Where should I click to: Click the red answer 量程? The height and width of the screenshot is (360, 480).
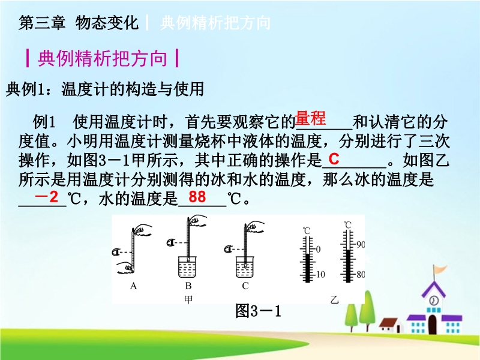click(x=310, y=118)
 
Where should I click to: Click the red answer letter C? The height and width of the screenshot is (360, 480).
click(x=334, y=159)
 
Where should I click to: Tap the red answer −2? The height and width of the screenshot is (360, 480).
click(x=47, y=197)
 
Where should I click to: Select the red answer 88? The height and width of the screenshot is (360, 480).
click(x=197, y=197)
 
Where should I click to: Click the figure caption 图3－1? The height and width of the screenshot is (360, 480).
click(x=258, y=311)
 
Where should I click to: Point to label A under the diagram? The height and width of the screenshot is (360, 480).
click(x=133, y=286)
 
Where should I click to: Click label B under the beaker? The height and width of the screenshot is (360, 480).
click(x=188, y=286)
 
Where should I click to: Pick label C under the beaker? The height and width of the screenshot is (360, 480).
click(x=245, y=286)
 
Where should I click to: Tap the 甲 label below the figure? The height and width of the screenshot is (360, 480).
click(x=188, y=299)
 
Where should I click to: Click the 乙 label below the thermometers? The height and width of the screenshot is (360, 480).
click(x=335, y=299)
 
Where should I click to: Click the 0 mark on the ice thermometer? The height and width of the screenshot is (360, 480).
click(x=318, y=250)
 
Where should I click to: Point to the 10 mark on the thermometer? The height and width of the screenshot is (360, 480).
click(x=320, y=275)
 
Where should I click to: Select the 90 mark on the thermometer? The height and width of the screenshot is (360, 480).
click(x=361, y=245)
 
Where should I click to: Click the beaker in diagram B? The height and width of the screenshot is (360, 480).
click(x=187, y=266)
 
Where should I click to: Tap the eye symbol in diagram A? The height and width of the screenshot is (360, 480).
click(x=116, y=252)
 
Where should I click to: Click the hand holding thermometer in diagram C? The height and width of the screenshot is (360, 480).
click(x=254, y=228)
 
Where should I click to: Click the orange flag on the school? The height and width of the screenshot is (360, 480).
click(x=440, y=270)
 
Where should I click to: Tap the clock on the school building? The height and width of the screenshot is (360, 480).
click(x=433, y=301)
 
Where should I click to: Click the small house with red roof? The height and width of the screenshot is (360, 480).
click(x=389, y=325)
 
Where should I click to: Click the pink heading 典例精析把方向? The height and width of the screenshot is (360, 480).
click(x=102, y=58)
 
